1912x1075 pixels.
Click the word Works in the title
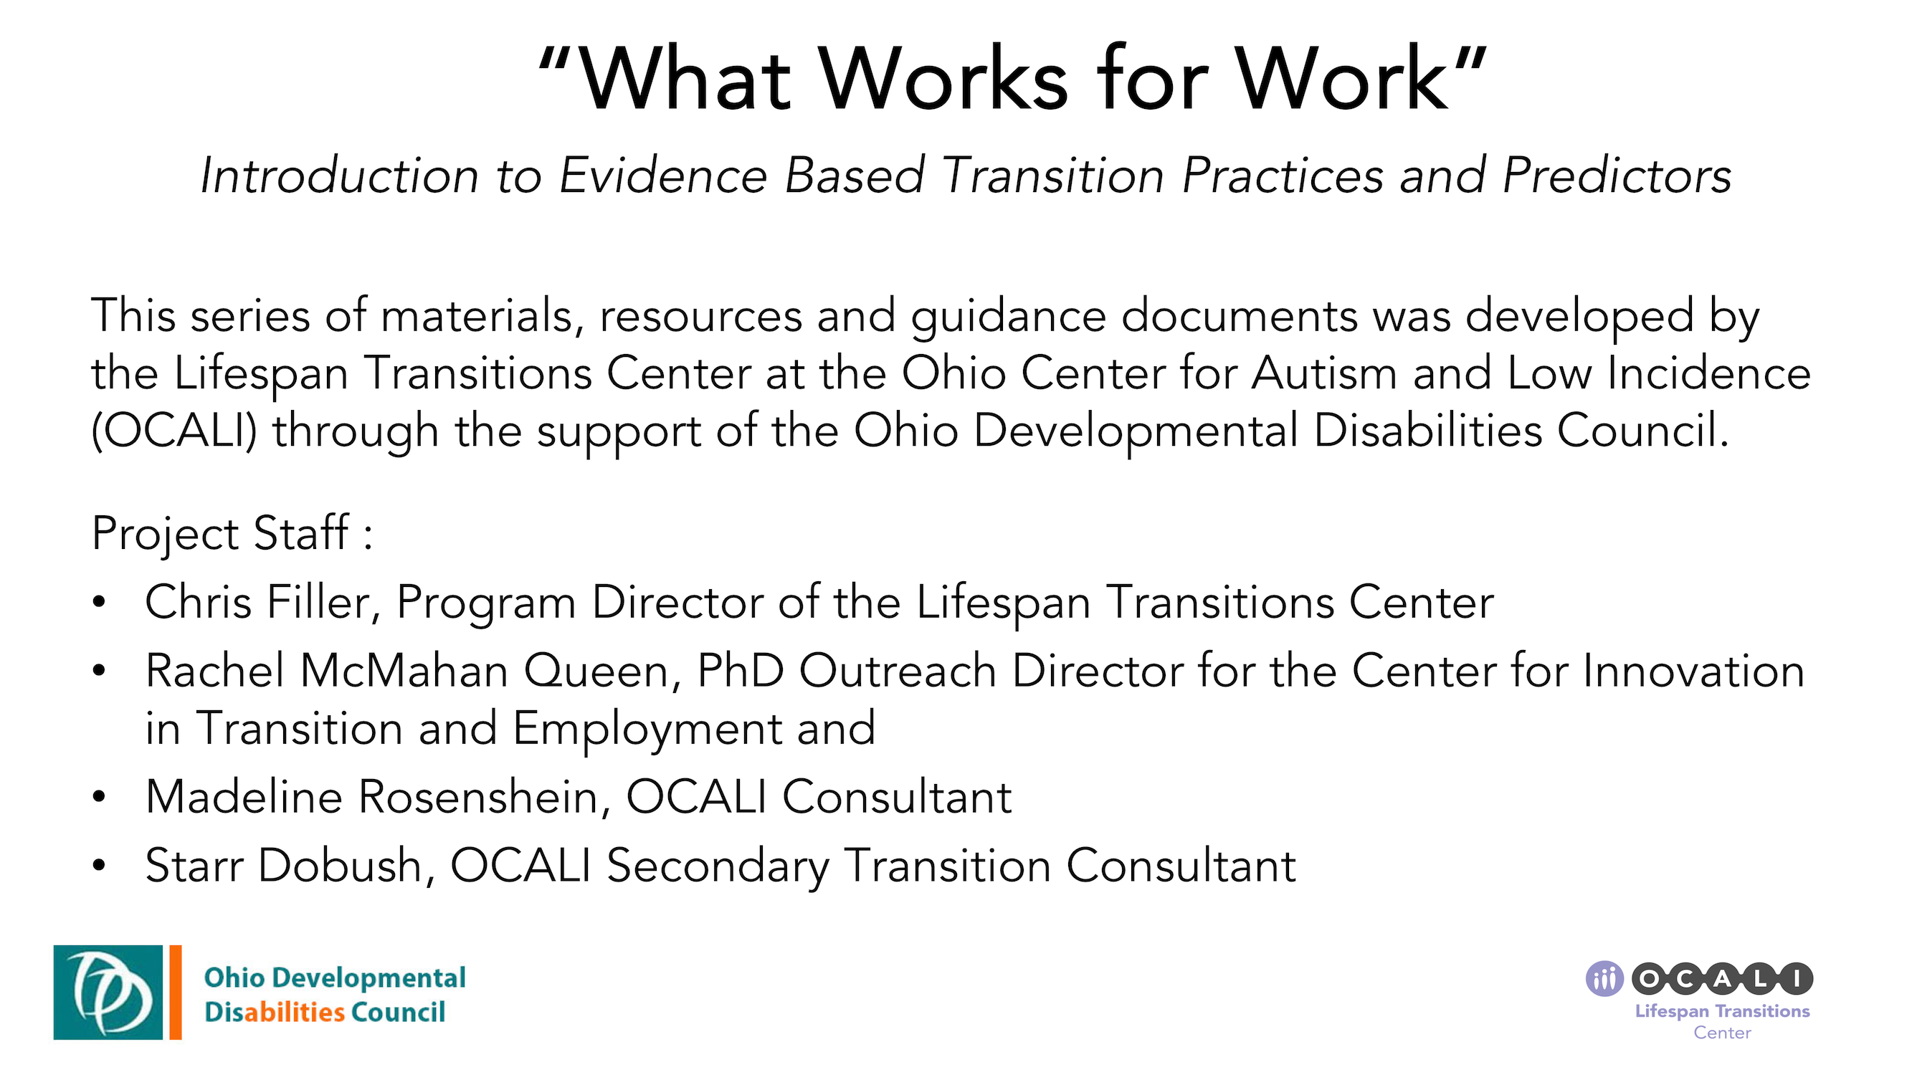(943, 80)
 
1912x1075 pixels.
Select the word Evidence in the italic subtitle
(662, 176)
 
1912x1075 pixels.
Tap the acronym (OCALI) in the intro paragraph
(173, 430)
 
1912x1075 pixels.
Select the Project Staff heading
(231, 532)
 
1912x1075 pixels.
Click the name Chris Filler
(257, 602)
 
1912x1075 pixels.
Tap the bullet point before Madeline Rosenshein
(99, 797)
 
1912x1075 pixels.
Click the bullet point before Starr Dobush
(99, 865)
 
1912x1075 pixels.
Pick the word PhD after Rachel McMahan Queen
(740, 671)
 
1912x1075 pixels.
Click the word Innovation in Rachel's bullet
(1693, 671)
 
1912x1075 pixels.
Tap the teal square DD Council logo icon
(108, 992)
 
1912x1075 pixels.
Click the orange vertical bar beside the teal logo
(175, 992)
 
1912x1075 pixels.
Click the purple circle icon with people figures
(1604, 979)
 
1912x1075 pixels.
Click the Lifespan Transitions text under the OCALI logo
(1722, 1011)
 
